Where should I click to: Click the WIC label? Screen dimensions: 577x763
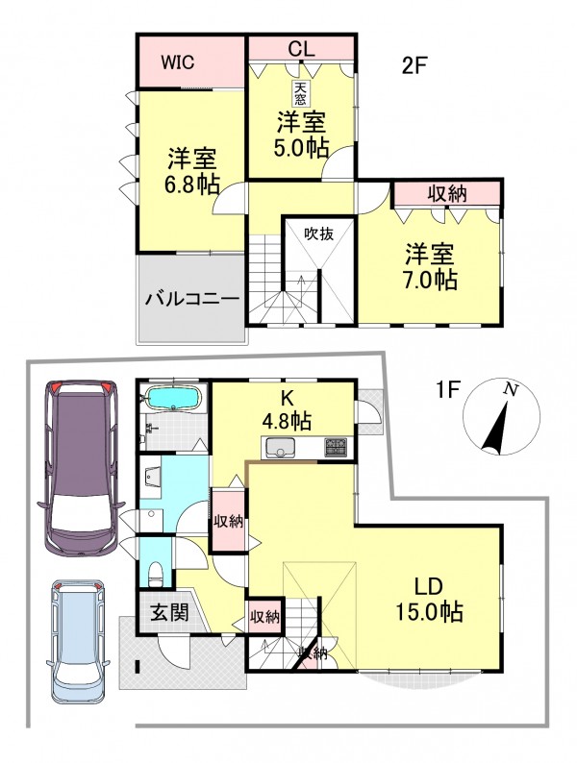coord(178,62)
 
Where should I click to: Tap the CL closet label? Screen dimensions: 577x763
coord(301,49)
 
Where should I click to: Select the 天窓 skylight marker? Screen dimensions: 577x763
coord(300,93)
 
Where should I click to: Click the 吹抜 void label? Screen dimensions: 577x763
coord(319,234)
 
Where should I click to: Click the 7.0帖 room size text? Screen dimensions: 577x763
coord(431,280)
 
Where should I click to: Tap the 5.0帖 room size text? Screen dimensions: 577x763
coord(301,148)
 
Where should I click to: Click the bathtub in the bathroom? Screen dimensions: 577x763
coord(173,398)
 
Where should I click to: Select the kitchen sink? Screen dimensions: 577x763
coord(281,448)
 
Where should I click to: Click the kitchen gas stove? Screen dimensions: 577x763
coord(336,447)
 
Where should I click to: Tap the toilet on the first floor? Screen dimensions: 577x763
coord(156,574)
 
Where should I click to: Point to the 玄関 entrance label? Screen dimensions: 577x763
coord(168,612)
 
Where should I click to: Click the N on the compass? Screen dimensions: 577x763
coord(511,389)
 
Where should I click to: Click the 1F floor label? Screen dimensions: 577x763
coord(448,389)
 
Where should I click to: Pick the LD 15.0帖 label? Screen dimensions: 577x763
coord(429,600)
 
